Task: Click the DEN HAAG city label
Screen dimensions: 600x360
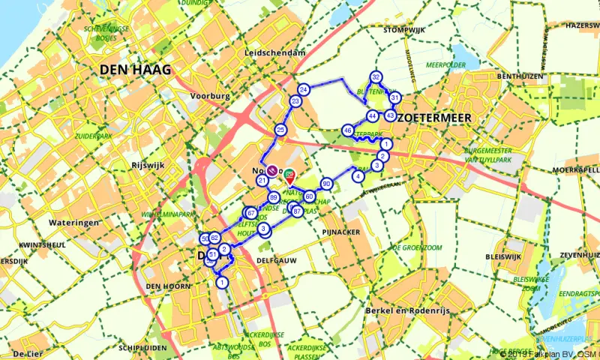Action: pyautogui.click(x=135, y=70)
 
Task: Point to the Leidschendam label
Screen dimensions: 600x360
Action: pyautogui.click(x=274, y=53)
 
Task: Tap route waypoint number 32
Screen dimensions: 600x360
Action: pyautogui.click(x=376, y=76)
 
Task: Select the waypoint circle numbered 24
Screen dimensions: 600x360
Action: pyautogui.click(x=304, y=90)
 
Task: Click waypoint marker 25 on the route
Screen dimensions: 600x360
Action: pyautogui.click(x=280, y=130)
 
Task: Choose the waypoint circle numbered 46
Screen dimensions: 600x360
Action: pyautogui.click(x=347, y=130)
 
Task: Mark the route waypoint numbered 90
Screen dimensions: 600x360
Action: pyautogui.click(x=326, y=184)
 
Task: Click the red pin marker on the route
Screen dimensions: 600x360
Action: pyautogui.click(x=290, y=176)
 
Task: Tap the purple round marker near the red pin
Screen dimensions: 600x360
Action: pyautogui.click(x=274, y=171)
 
